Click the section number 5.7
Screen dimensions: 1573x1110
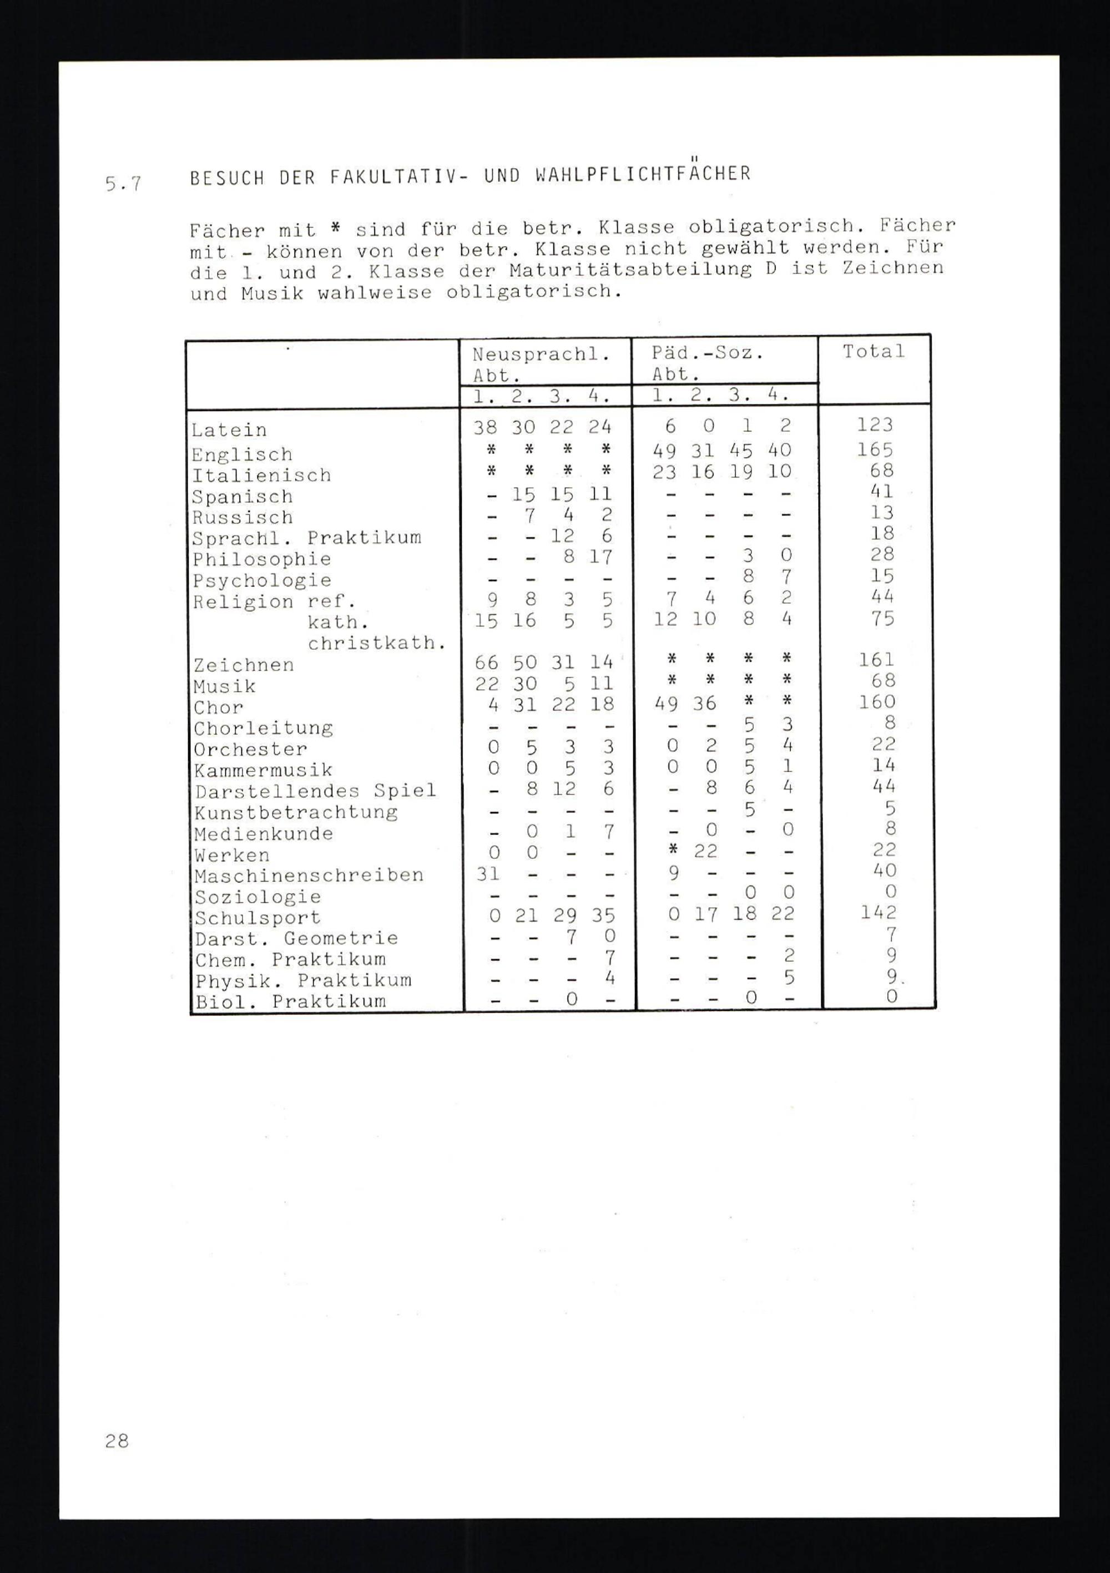click(x=123, y=184)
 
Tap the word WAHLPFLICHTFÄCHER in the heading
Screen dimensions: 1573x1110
click(x=642, y=174)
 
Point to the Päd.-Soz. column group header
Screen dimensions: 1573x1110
click(x=707, y=353)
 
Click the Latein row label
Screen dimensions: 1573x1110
click(x=229, y=430)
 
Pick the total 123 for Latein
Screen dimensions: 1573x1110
click(x=875, y=425)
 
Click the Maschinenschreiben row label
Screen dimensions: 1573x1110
click(x=309, y=875)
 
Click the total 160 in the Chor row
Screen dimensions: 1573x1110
click(x=877, y=701)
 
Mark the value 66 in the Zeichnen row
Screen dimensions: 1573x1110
click(x=487, y=662)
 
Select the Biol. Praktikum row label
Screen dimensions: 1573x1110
click(x=290, y=1001)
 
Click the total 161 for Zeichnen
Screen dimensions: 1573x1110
click(x=876, y=659)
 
